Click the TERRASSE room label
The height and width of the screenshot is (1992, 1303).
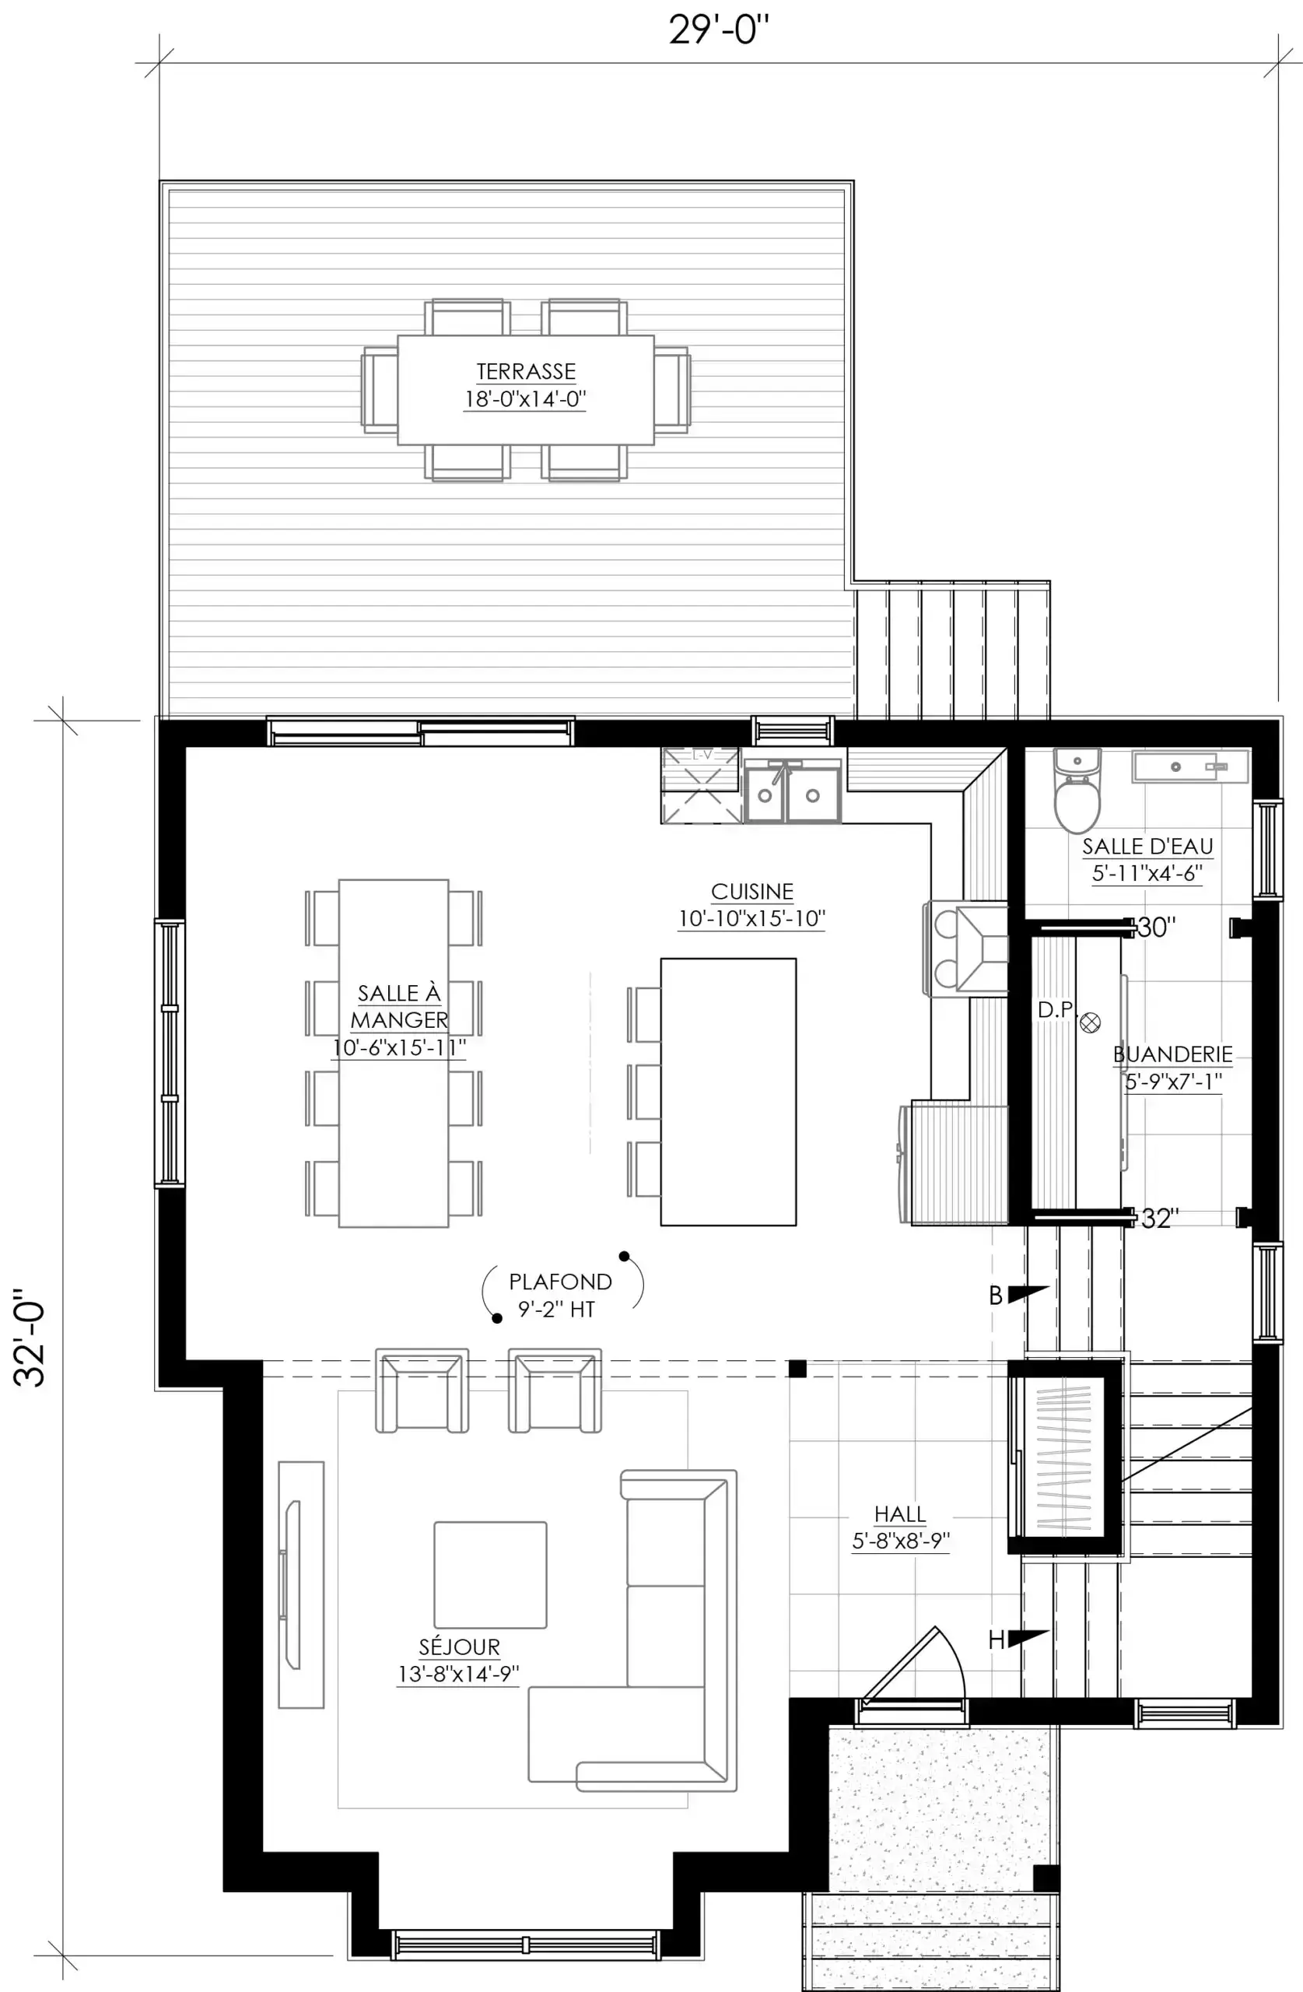pos(526,371)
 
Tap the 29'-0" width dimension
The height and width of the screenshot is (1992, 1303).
pos(718,30)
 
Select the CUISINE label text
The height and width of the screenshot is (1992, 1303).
pos(751,892)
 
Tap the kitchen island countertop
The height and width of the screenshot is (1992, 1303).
pos(728,1092)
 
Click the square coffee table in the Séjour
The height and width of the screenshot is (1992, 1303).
pos(490,1574)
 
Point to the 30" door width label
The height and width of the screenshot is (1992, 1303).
pos(1157,928)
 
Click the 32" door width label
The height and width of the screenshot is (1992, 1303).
pos(1160,1219)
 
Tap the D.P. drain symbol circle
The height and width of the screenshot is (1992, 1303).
pos(1090,1022)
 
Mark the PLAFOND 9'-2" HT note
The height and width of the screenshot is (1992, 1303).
pos(560,1295)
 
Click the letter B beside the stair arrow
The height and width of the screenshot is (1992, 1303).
pos(995,1296)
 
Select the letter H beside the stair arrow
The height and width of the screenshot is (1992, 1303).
pos(996,1640)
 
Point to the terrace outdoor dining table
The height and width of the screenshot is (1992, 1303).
pos(526,390)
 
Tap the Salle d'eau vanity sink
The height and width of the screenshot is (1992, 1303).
pos(1189,766)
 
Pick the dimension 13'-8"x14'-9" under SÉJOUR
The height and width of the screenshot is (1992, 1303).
pos(459,1674)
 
